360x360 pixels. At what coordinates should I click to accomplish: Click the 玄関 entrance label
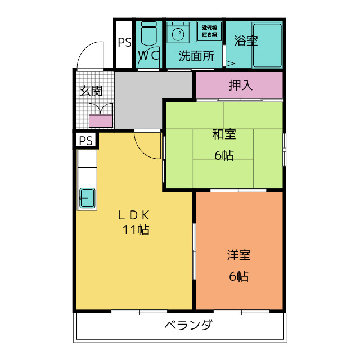(90, 91)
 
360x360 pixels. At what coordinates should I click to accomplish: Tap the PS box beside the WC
(124, 43)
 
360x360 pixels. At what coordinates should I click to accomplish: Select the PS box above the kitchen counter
(85, 141)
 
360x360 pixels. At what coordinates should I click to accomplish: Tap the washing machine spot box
(210, 31)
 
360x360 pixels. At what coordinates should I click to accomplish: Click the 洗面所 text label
(196, 55)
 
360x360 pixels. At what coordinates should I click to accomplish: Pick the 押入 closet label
(240, 85)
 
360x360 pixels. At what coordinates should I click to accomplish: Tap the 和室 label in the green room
(224, 134)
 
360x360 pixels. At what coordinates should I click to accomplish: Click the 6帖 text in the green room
(224, 155)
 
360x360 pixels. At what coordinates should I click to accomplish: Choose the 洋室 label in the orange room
(239, 255)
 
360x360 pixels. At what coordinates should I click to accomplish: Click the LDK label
(134, 214)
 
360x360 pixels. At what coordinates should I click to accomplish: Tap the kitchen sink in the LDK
(87, 199)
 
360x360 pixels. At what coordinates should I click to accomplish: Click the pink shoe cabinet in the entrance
(101, 120)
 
